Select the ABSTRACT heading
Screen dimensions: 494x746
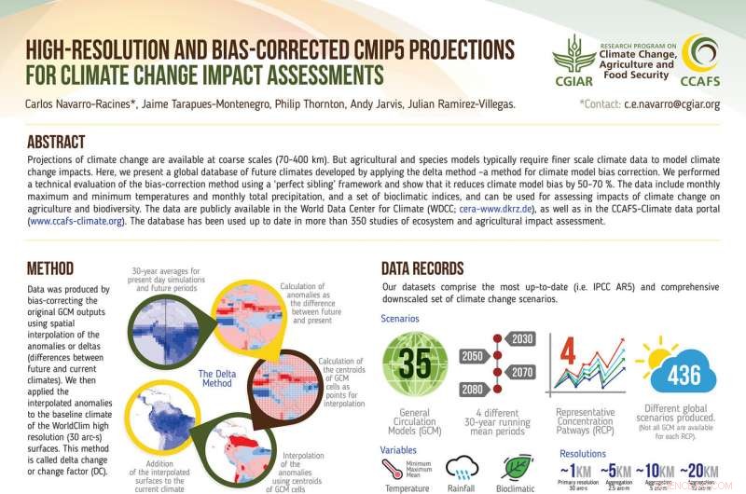56,142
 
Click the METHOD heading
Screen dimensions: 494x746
50,269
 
